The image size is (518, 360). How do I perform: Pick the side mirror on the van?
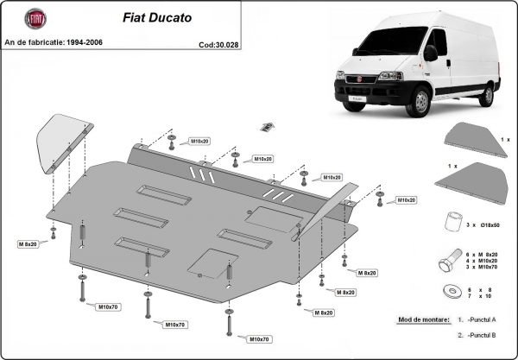point(429,54)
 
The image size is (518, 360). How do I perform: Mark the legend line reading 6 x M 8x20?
point(489,254)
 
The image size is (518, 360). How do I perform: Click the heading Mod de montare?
point(424,319)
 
